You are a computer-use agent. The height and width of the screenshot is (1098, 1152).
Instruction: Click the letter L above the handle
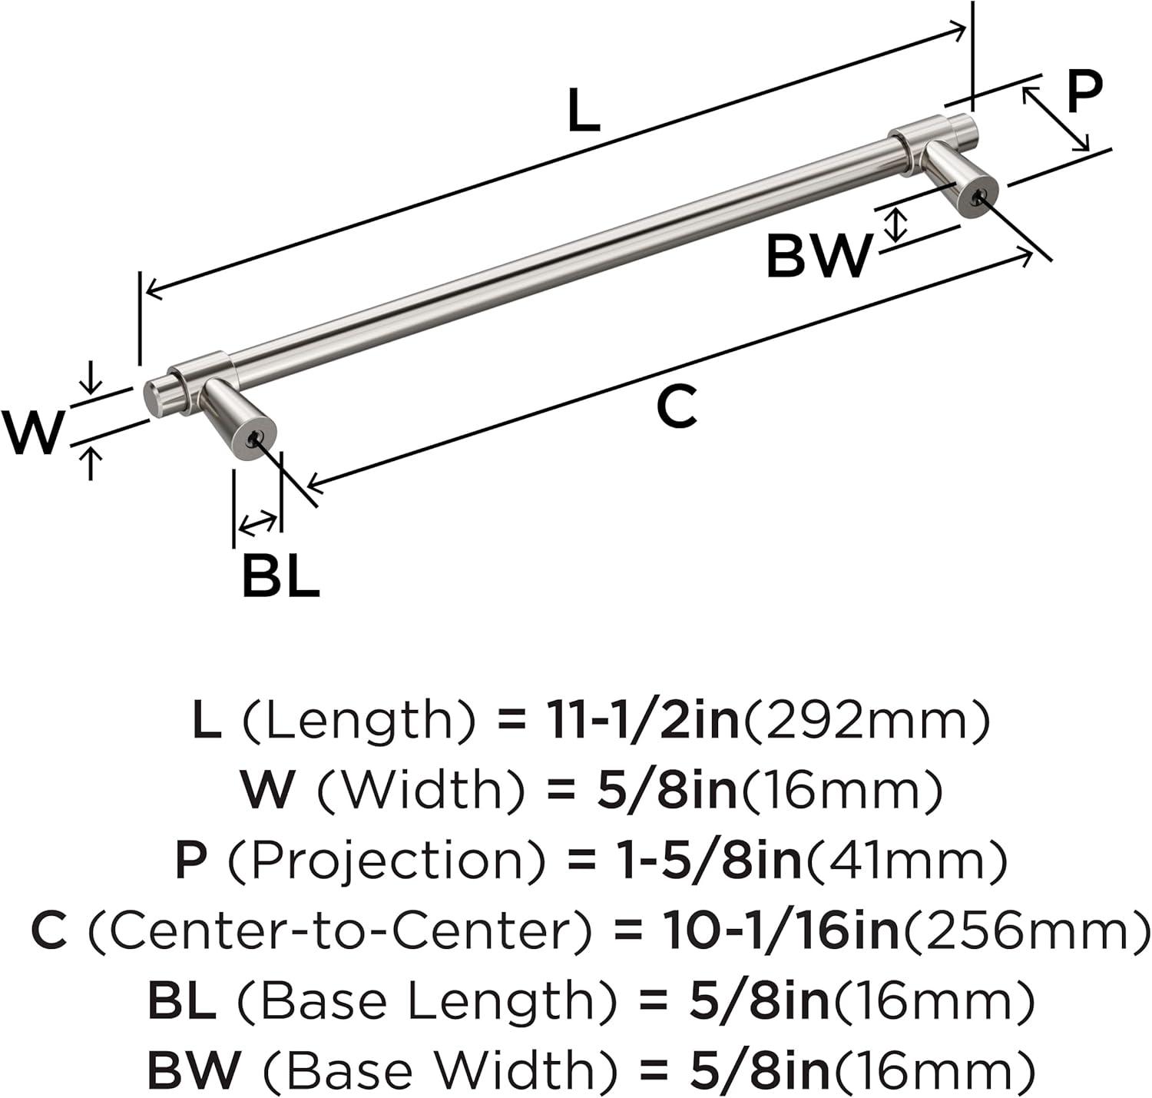[x=584, y=110]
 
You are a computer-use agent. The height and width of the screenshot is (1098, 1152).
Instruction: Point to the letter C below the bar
[x=676, y=406]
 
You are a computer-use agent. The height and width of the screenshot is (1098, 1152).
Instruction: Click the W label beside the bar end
[x=33, y=432]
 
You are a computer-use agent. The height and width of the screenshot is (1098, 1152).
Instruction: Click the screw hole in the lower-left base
[x=254, y=437]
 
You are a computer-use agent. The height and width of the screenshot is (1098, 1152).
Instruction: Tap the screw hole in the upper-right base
[x=976, y=198]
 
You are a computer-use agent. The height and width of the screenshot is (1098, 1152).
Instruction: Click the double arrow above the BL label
[x=258, y=523]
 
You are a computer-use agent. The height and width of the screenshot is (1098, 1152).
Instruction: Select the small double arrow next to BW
[x=895, y=226]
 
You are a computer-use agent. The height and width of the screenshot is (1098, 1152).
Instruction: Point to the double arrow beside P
[x=1055, y=119]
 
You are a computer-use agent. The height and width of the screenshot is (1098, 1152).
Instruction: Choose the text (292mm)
[x=866, y=721]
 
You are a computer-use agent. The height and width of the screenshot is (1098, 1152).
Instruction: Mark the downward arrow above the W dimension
[x=89, y=378]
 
